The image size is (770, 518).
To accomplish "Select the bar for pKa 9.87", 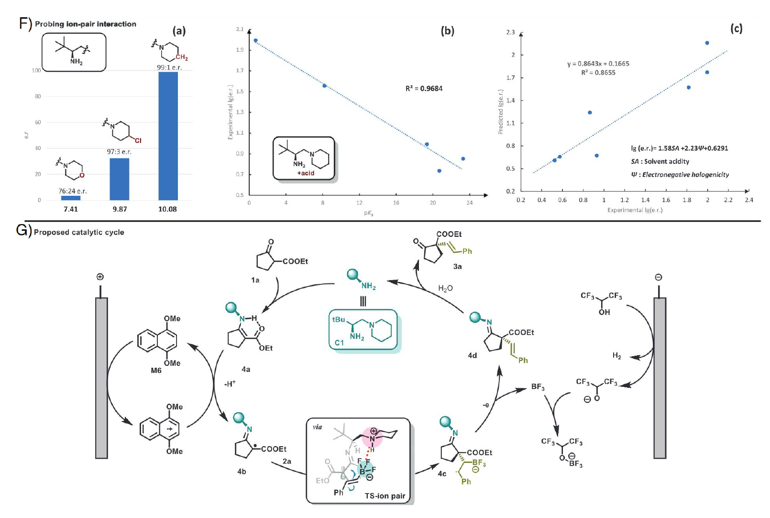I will (x=119, y=179).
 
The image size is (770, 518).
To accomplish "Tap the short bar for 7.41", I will (x=71, y=198).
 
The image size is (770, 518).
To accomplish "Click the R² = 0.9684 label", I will (x=424, y=89).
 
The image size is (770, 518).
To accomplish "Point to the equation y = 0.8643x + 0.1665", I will (x=598, y=64).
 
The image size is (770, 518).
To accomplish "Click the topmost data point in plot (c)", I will (x=707, y=43).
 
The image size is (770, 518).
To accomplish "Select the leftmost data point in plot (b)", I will (x=256, y=41).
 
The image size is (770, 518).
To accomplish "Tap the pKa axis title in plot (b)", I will (x=368, y=213).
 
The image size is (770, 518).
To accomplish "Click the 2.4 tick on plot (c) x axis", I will (x=748, y=200).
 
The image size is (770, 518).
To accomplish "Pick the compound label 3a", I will (x=457, y=266).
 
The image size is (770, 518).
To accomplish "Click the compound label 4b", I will (x=242, y=472).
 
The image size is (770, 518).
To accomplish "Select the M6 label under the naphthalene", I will (x=156, y=370).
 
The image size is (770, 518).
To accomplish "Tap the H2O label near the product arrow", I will (x=445, y=288).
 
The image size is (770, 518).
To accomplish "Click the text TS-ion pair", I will (x=385, y=496).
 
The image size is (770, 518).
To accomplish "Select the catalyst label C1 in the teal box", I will (x=339, y=343).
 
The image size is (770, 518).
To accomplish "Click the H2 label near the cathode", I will (x=616, y=356).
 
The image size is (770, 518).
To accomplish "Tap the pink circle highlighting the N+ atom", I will (x=373, y=438).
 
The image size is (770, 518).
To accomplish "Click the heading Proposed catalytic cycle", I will (x=79, y=232).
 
